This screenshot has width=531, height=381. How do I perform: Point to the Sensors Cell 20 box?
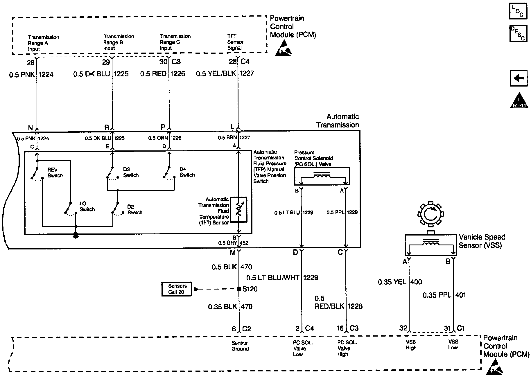(177, 289)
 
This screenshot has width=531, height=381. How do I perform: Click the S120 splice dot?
(239, 289)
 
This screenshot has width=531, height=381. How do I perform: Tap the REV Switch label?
(55, 172)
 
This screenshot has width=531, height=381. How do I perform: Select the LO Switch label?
(87, 206)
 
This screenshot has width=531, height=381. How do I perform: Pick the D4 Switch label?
(187, 172)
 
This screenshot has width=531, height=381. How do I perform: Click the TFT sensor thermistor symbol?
(238, 210)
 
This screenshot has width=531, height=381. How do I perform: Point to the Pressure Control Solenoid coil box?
(322, 176)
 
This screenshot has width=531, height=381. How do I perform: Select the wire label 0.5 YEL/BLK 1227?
(225, 73)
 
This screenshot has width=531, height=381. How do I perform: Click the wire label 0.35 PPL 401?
(444, 295)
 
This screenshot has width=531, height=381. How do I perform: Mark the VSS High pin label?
(411, 345)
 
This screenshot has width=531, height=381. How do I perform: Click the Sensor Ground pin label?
(240, 346)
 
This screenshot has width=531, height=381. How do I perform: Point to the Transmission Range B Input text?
(119, 42)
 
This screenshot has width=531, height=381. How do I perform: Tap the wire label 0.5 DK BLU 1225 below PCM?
(101, 74)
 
